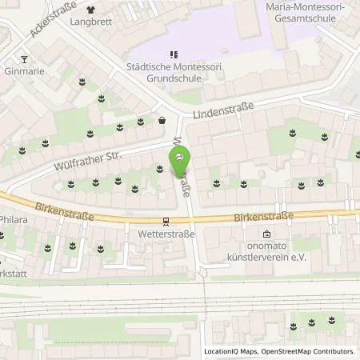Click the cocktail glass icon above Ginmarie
[24, 58]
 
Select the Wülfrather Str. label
[87, 159]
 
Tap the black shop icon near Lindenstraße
[162, 122]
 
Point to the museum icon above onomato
[266, 235]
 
